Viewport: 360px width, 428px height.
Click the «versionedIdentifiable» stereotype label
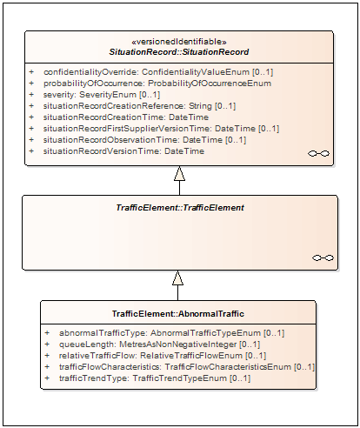179,42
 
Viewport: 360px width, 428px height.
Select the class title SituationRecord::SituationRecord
179,52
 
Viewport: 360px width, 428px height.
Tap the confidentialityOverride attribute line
158,72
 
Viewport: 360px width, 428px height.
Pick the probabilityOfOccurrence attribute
157,84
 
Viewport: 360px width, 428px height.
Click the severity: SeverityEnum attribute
102,95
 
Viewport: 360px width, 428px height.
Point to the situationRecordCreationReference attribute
139,106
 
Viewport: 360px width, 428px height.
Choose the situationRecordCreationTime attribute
126,117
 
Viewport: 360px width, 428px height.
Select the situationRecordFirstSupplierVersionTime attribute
161,129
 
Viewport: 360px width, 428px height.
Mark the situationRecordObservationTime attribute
144,140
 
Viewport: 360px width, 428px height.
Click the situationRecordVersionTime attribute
123,151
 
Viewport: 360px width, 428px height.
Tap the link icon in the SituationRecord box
318,153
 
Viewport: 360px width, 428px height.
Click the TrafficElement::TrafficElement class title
180,208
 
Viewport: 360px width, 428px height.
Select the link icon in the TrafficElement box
323,257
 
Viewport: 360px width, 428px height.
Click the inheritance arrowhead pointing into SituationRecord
179,173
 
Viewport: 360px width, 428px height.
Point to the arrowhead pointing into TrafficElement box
177,278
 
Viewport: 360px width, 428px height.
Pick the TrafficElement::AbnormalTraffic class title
178,314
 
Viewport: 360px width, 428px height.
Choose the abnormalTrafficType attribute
171,333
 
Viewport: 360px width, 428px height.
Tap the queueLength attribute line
159,344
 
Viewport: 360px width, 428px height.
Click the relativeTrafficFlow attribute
163,356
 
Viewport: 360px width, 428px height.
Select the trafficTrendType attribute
155,378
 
